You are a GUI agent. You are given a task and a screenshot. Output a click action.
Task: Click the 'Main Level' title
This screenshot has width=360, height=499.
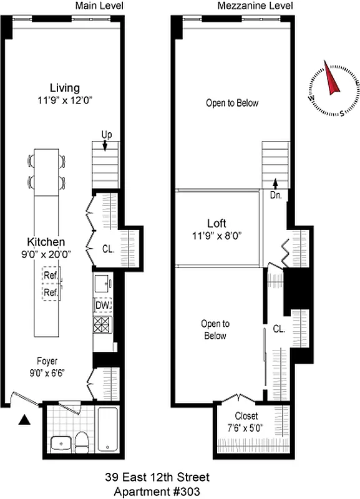pyautogui.click(x=99, y=6)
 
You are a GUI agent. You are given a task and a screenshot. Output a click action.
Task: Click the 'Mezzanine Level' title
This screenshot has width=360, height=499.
pyautogui.click(x=247, y=6)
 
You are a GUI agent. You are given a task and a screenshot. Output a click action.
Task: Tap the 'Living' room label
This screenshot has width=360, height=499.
pyautogui.click(x=65, y=87)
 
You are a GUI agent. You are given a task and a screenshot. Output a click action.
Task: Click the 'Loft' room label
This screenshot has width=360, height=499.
pyautogui.click(x=216, y=223)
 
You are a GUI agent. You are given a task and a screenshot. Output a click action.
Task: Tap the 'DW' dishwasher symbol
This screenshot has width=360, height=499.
pyautogui.click(x=102, y=305)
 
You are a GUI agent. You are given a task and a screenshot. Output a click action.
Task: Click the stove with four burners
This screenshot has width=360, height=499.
pyautogui.click(x=102, y=325)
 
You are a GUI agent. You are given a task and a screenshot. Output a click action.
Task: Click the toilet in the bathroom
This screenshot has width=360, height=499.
pyautogui.click(x=81, y=441)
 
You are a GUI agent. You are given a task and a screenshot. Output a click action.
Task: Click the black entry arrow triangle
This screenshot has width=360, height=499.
pyautogui.click(x=24, y=421)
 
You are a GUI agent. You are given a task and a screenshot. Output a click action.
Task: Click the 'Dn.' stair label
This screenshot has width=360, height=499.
pyautogui.click(x=275, y=194)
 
